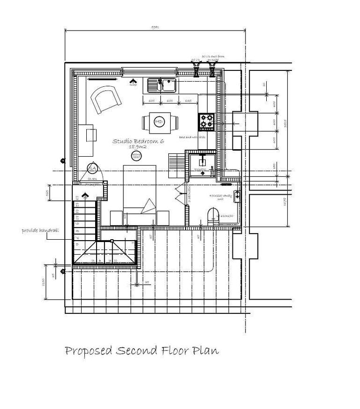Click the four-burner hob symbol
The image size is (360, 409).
[x=207, y=121]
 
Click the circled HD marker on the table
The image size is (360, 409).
[x=159, y=122]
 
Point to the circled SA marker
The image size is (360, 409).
[x=92, y=168]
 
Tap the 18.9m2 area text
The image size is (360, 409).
[x=137, y=147]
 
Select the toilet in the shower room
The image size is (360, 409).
[x=212, y=217]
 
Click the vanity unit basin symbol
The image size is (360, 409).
[x=237, y=196]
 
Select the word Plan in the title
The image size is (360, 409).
[x=207, y=351]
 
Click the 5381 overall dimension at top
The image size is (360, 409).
[x=156, y=28]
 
